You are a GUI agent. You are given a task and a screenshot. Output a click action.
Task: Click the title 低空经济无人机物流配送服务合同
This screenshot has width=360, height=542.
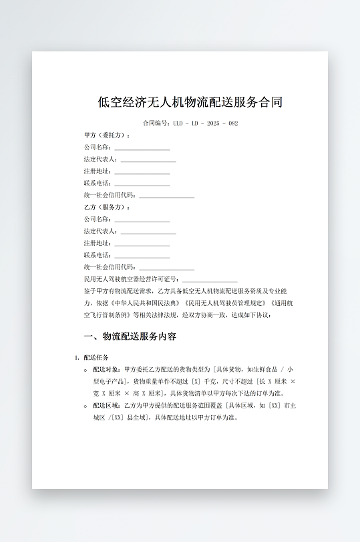(x=190, y=102)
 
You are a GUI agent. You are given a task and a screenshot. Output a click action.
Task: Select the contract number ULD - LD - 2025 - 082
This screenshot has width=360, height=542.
(x=205, y=123)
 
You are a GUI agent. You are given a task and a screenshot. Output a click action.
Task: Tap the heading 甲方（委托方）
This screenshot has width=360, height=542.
(x=107, y=135)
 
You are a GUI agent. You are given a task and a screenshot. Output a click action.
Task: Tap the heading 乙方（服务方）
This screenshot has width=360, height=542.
(x=107, y=208)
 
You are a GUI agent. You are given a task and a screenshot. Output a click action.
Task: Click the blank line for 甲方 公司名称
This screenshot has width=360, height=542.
(x=142, y=148)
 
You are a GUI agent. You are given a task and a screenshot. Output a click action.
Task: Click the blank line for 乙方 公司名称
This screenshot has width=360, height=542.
(x=142, y=220)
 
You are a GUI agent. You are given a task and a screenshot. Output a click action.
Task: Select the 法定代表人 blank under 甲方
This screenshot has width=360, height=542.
(x=148, y=160)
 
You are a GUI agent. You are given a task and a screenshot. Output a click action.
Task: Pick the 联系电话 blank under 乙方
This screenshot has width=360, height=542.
(x=142, y=256)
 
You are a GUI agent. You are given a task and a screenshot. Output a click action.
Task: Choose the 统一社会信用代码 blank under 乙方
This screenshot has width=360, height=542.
(x=166, y=268)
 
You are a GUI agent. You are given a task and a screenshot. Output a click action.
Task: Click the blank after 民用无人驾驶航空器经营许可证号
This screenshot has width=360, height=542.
(x=210, y=280)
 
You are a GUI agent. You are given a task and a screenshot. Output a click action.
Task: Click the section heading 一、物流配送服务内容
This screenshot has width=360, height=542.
(x=130, y=336)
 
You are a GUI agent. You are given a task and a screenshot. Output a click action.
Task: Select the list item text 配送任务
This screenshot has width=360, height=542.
(x=96, y=357)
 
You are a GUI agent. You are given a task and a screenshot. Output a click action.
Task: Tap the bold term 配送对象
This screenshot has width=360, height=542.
(x=107, y=369)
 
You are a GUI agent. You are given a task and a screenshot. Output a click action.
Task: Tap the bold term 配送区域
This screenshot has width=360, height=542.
(x=107, y=405)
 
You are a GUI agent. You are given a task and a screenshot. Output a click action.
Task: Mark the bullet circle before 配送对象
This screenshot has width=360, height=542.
(x=85, y=369)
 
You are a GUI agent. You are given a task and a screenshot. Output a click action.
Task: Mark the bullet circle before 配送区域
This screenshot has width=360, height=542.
(x=85, y=405)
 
